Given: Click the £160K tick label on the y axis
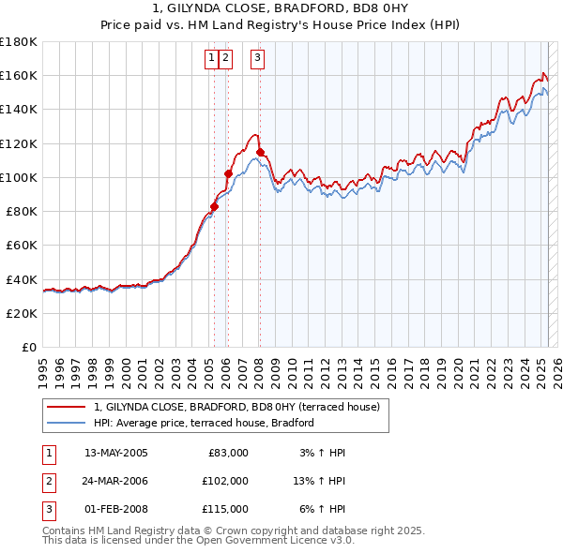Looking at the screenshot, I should pyautogui.click(x=19, y=75).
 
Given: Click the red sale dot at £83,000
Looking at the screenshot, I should pyautogui.click(x=214, y=206).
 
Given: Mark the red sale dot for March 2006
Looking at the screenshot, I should pyautogui.click(x=228, y=173).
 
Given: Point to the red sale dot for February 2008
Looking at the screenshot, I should pyautogui.click(x=259, y=152).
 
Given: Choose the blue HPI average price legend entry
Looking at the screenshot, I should pyautogui.click(x=203, y=424).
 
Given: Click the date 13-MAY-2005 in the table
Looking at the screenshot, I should pyautogui.click(x=116, y=453).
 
